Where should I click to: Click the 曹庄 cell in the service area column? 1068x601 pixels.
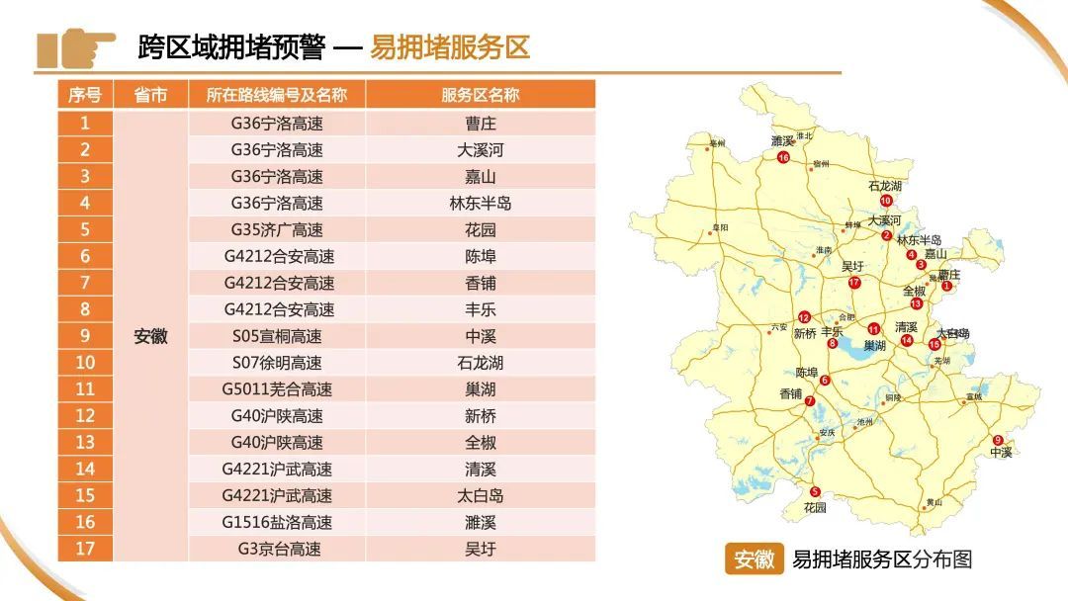pos(480,124)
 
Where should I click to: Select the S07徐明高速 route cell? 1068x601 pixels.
pos(276,363)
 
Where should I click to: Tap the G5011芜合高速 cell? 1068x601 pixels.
pos(276,389)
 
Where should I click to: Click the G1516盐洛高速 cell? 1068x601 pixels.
pos(276,522)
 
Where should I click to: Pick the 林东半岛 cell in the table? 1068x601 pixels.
pos(480,204)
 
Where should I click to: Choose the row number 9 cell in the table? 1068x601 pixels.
pos(85,336)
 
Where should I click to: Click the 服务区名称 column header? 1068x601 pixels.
pos(480,95)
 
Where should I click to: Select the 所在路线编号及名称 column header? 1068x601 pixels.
pos(276,95)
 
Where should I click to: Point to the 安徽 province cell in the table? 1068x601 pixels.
pos(150,336)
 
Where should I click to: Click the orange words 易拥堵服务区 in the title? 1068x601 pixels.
pos(450,46)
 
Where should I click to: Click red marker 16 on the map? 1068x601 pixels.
pos(783,157)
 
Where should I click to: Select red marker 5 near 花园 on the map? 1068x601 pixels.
pos(815,492)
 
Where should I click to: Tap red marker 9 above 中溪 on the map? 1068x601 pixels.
pos(998,440)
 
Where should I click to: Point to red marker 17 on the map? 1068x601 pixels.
pos(854,283)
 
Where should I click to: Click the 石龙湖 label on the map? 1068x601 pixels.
pos(885,186)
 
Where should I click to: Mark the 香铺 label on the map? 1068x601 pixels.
pos(791,393)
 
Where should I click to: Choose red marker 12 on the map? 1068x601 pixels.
pos(804,317)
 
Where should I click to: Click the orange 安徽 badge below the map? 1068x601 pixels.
pos(754,559)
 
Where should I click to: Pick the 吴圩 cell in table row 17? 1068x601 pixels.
pos(480,549)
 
